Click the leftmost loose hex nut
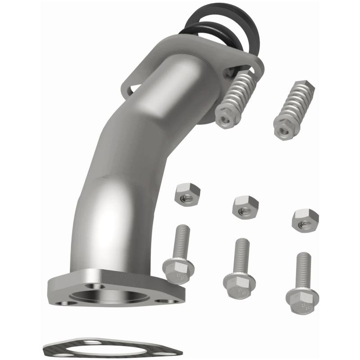pos(187,194)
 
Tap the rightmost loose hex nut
pos(305,220)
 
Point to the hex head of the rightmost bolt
pos(301,297)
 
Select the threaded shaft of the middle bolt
pos(242,254)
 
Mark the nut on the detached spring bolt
pos(285,129)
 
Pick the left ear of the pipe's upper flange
pos(130,85)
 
